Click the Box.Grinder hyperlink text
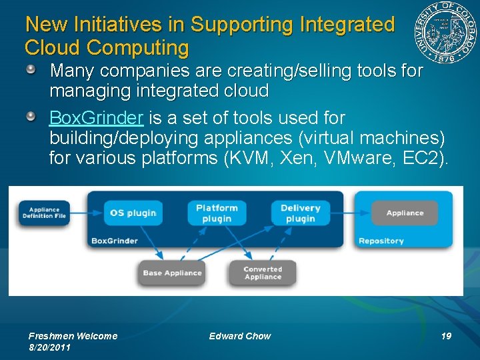pyautogui.click(x=96, y=119)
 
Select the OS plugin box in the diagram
pyautogui.click(x=133, y=213)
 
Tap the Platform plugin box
pyautogui.click(x=217, y=213)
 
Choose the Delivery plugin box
pyautogui.click(x=300, y=213)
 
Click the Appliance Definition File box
pyautogui.click(x=44, y=213)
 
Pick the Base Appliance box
pyautogui.click(x=172, y=273)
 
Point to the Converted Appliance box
pyautogui.click(x=263, y=273)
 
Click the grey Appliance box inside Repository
pyautogui.click(x=405, y=213)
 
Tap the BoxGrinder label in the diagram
pyautogui.click(x=115, y=241)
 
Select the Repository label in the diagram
pyautogui.click(x=381, y=241)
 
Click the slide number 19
pyautogui.click(x=446, y=336)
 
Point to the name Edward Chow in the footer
pyautogui.click(x=240, y=336)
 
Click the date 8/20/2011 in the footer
pyautogui.click(x=50, y=347)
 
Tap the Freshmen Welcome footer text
pyautogui.click(x=73, y=336)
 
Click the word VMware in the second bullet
pyautogui.click(x=367, y=159)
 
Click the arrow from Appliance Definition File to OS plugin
pyautogui.click(x=86, y=213)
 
